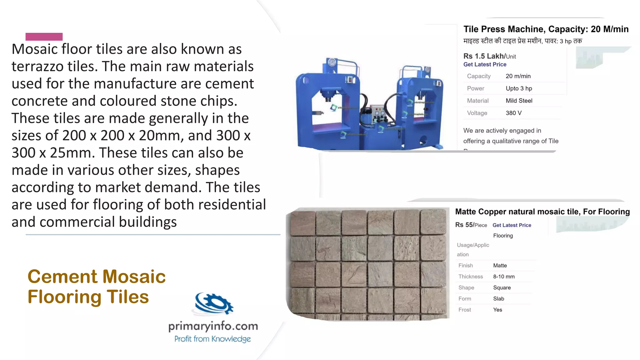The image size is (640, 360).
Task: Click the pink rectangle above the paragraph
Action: [x=44, y=37]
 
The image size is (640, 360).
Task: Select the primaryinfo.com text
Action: [x=213, y=326]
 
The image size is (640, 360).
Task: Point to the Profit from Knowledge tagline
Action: [x=212, y=339]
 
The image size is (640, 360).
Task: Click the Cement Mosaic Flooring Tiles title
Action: [x=97, y=287]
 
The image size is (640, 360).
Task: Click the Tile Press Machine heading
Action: [x=546, y=29]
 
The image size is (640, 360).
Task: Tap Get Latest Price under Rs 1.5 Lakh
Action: [x=485, y=64]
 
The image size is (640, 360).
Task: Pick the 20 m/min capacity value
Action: [x=518, y=76]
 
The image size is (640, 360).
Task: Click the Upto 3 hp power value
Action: [x=519, y=88]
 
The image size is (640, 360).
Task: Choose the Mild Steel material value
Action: [x=519, y=101]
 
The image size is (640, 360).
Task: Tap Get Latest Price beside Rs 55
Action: [x=512, y=225]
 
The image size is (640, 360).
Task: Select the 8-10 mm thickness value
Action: [x=504, y=277]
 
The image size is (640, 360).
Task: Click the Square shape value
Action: [x=502, y=287]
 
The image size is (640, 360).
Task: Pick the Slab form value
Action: [x=498, y=299]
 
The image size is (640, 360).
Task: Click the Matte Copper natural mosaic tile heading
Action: [x=542, y=212]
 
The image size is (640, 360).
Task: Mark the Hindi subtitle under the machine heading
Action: [x=522, y=41]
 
